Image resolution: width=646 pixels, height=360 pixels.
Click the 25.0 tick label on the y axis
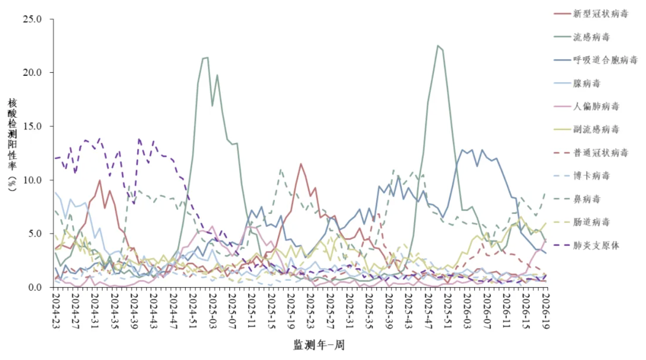coord(32,19)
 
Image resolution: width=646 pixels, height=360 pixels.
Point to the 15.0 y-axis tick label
coord(32,127)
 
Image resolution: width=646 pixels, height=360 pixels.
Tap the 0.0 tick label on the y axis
coord(35,288)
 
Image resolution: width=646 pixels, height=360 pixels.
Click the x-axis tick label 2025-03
coord(212,311)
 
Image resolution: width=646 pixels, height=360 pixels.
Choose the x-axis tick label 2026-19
coord(546,311)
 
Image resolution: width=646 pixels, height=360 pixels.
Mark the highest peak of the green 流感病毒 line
coord(438,46)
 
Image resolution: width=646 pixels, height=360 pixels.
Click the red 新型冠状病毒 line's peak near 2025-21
coord(301,164)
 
